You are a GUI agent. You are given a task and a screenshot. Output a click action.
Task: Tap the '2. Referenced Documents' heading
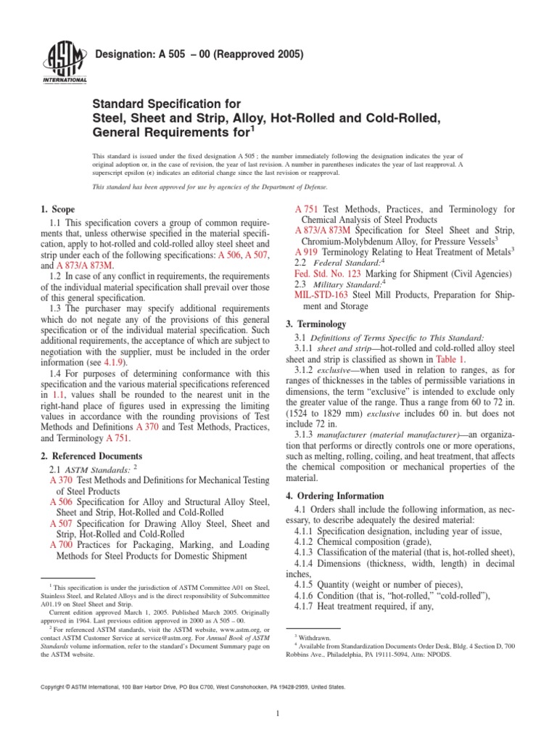(91, 456)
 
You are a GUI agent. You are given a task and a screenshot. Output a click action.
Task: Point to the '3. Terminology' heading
(320, 324)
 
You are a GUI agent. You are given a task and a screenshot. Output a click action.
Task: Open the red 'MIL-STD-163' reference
(321, 295)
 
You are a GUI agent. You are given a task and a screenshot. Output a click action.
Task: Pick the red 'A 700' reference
(61, 545)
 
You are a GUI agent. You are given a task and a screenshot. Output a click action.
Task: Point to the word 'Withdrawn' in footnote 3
(314, 635)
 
